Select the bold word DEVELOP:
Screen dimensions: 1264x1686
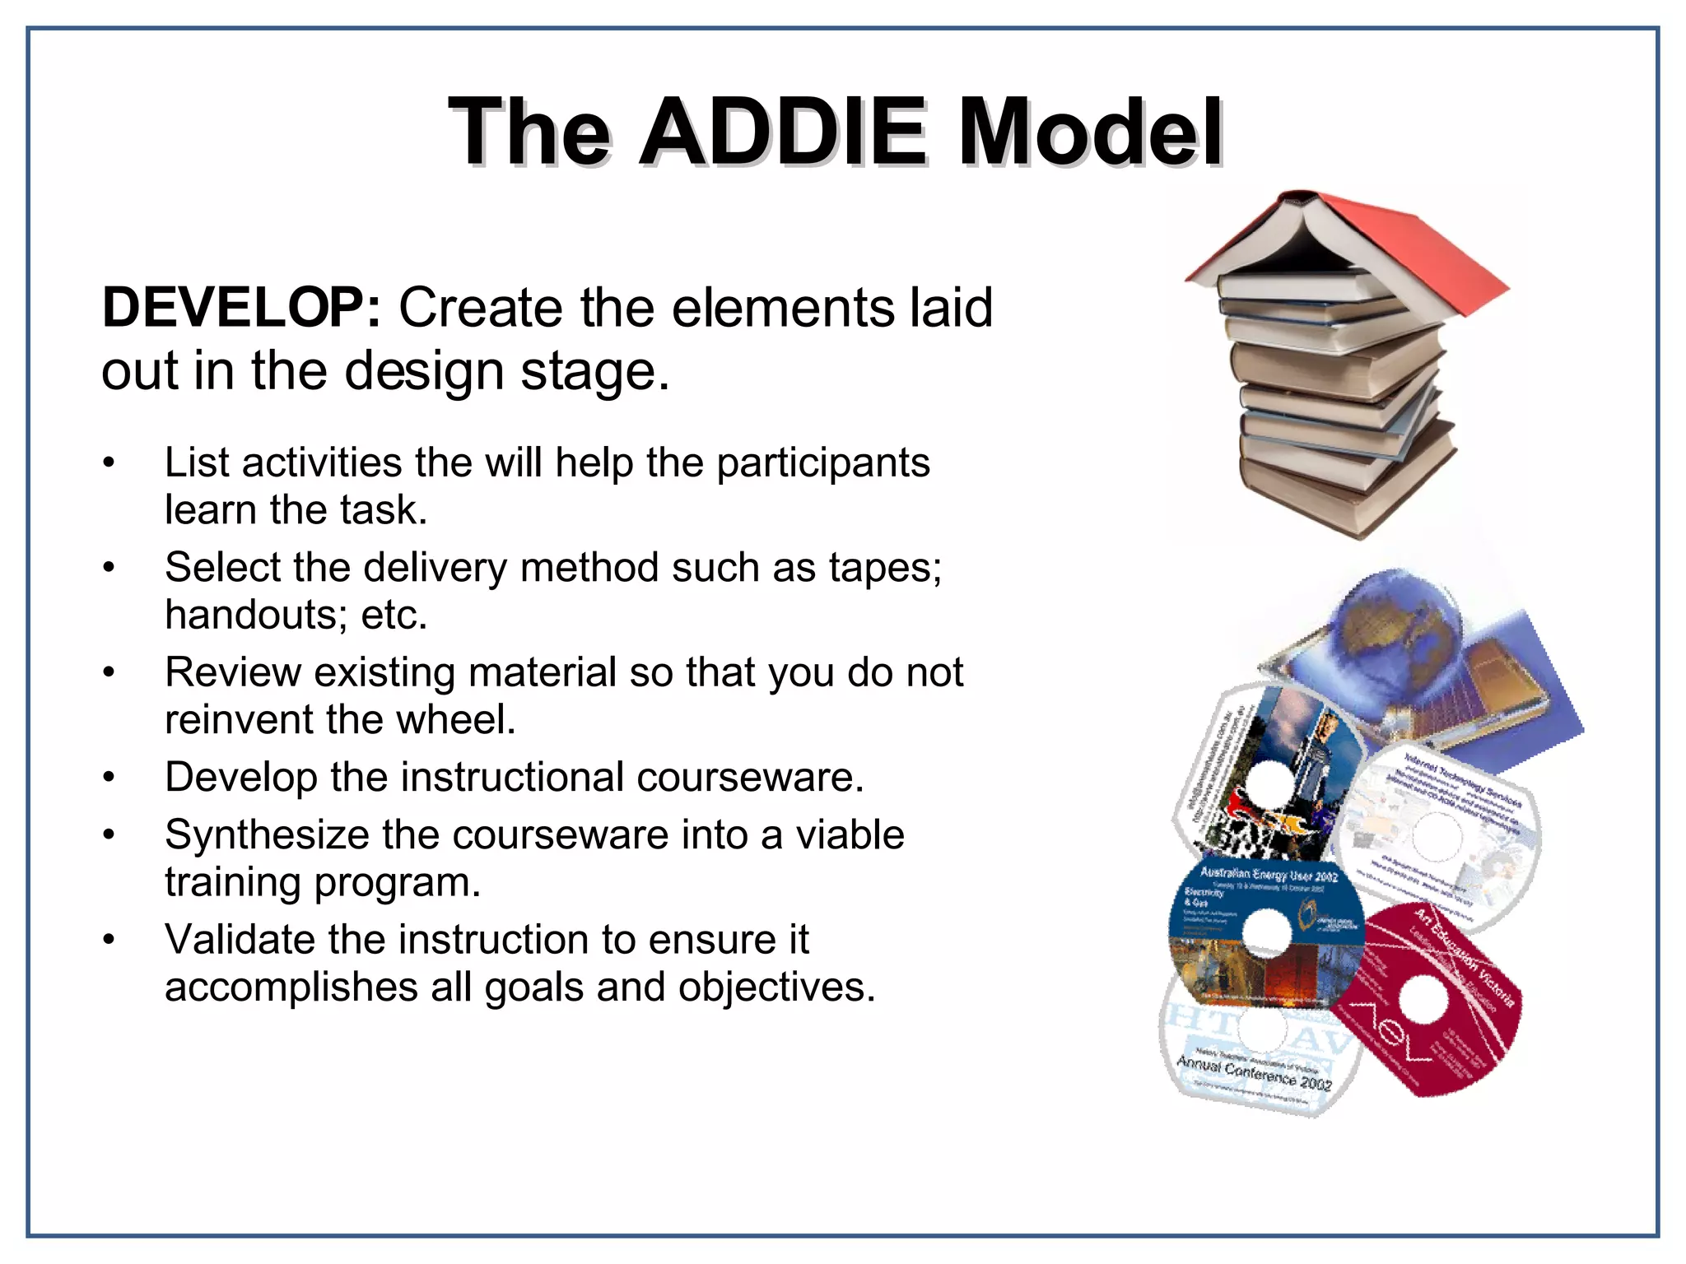click(241, 308)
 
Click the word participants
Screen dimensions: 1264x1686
click(822, 463)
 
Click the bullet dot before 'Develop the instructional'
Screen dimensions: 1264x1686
click(108, 778)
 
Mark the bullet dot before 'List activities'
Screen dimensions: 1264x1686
click(108, 463)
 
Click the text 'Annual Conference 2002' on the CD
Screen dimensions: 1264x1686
click(1254, 1072)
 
